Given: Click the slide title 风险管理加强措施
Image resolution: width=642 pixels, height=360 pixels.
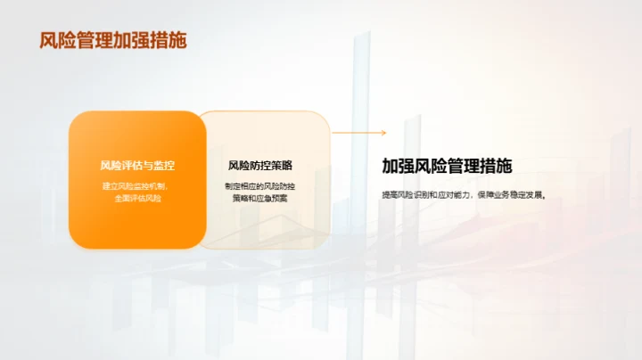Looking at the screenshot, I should [113, 41].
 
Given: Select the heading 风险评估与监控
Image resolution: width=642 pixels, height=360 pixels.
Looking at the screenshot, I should [137, 166].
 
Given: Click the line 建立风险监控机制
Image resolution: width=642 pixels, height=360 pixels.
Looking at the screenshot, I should [137, 185].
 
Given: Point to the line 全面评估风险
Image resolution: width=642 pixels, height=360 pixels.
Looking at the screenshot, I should [137, 198].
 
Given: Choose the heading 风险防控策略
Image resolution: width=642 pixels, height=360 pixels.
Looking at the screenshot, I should [260, 166].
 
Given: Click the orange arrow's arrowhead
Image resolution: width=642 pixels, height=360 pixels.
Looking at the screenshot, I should [383, 133].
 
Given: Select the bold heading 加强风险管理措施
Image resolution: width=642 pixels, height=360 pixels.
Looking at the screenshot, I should [447, 166].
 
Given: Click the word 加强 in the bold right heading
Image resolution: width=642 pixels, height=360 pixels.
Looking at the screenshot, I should [397, 166].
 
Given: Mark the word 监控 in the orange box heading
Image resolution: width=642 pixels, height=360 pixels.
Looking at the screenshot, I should [164, 166].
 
